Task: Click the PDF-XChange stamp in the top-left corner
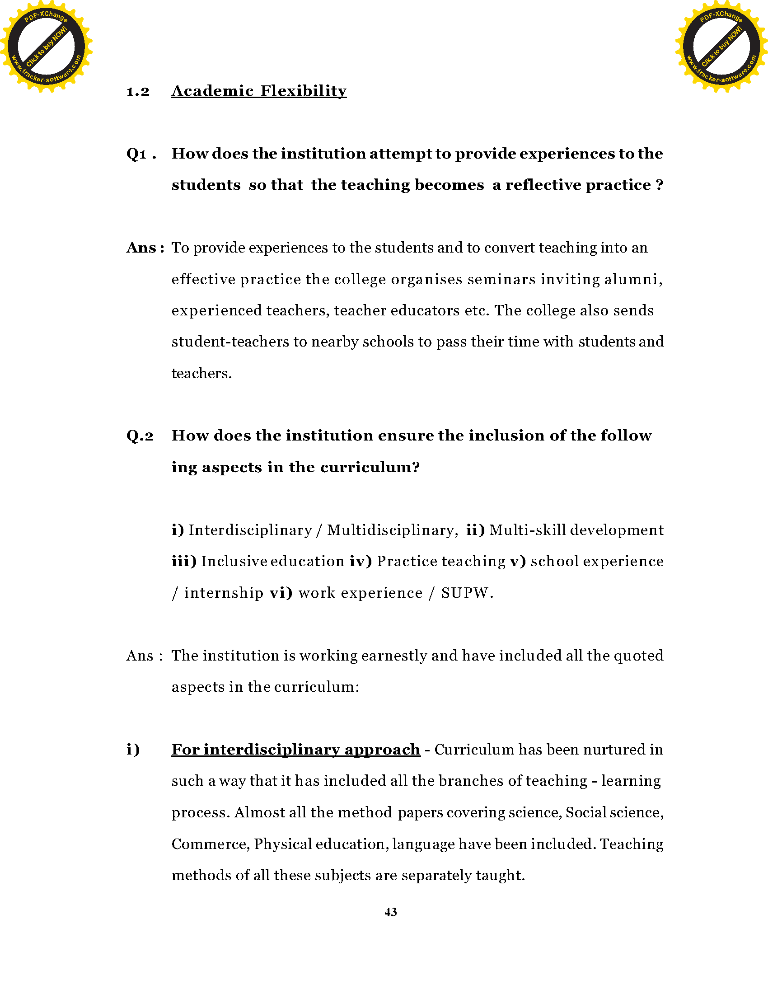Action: [46, 46]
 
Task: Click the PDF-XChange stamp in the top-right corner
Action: [721, 46]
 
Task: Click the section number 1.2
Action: [138, 92]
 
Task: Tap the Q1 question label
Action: [136, 154]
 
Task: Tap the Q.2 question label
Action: [140, 436]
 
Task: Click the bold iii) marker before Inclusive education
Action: [184, 562]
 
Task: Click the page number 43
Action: [390, 912]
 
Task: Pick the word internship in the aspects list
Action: [223, 593]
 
